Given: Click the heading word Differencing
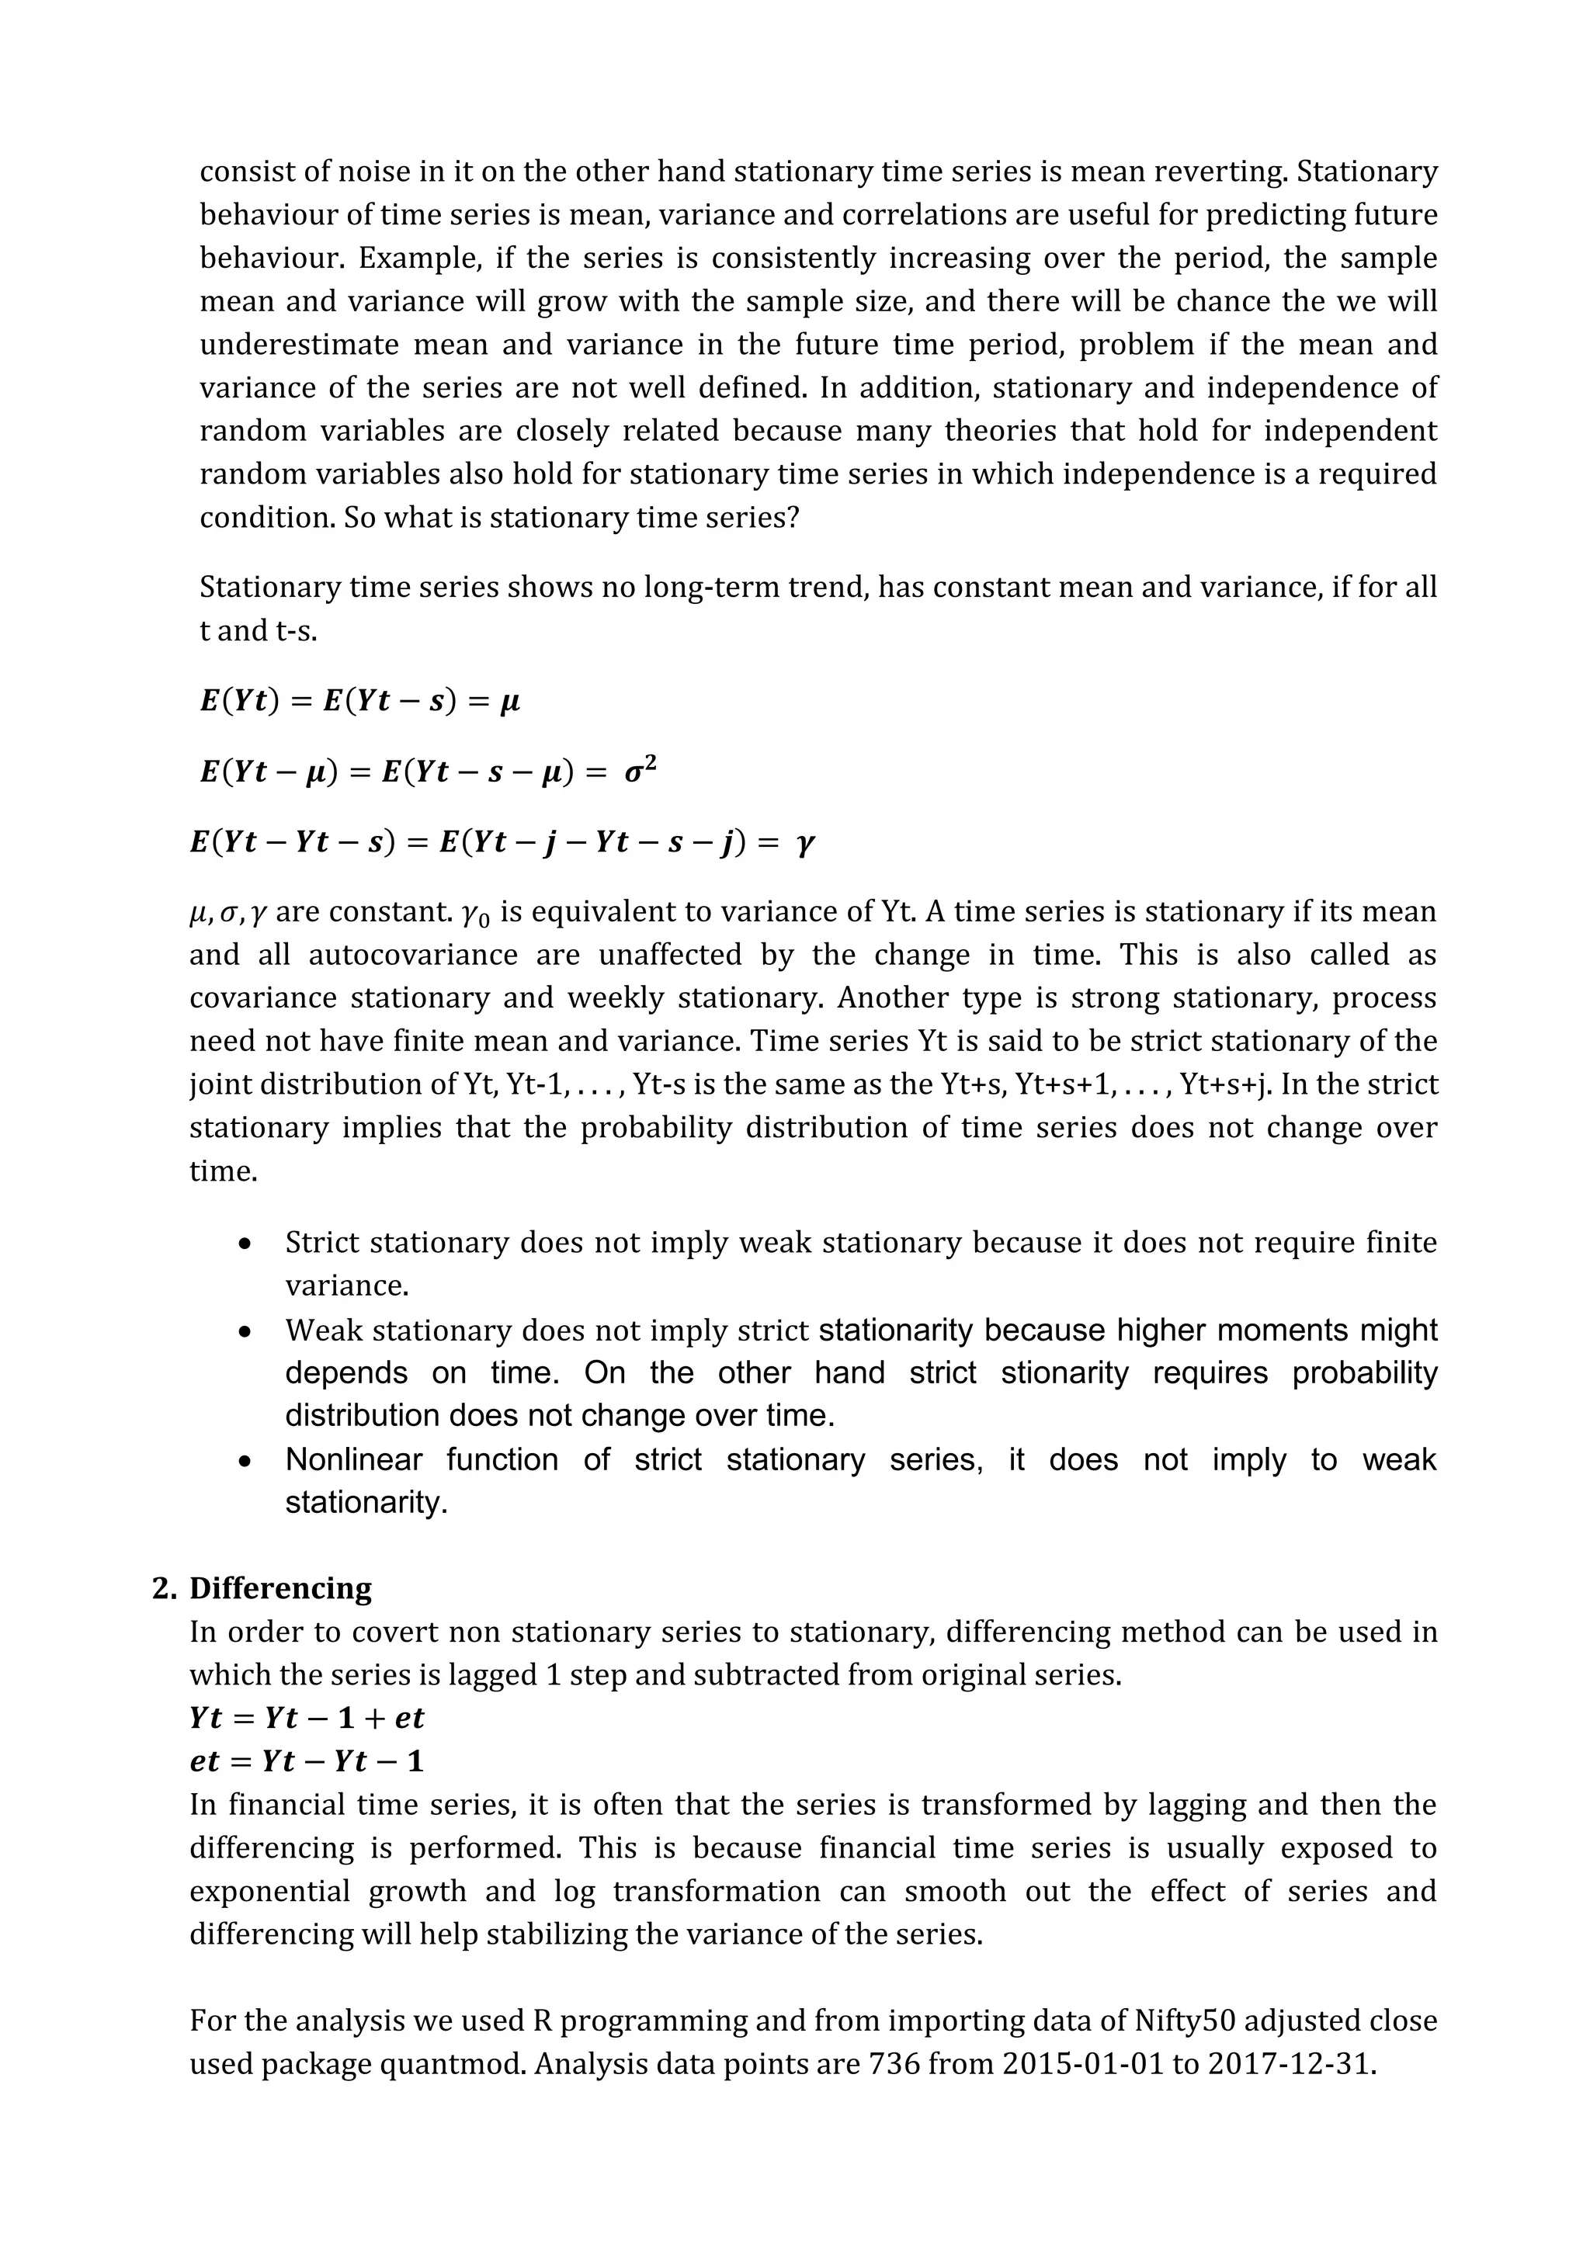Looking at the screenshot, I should pyautogui.click(x=280, y=1588).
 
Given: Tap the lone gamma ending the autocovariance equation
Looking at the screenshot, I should pyautogui.click(x=805, y=842).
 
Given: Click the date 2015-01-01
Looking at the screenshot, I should pyautogui.click(x=1084, y=2064).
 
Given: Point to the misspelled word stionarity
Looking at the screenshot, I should pyautogui.click(x=1065, y=1372).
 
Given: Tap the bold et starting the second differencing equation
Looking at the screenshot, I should pyautogui.click(x=205, y=1761).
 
